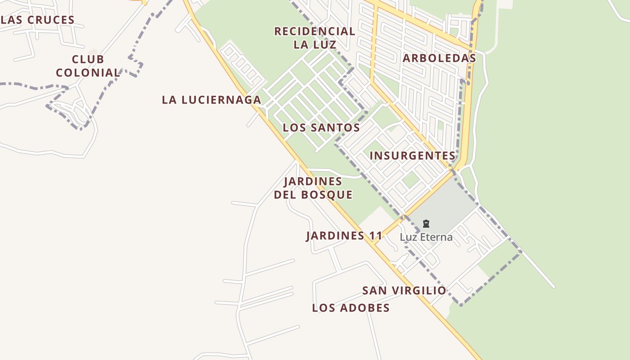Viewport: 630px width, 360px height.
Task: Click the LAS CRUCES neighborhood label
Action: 38,20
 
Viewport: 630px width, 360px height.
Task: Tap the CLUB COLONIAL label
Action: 88,66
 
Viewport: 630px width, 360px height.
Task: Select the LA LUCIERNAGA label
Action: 211,100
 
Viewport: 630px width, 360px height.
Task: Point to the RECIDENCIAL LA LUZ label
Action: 315,38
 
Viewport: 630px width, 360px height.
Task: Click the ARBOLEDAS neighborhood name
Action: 439,58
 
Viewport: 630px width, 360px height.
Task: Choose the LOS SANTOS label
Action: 321,128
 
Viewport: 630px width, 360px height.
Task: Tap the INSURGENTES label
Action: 413,156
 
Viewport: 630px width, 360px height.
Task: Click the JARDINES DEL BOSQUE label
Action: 313,188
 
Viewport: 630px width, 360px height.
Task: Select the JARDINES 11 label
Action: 344,236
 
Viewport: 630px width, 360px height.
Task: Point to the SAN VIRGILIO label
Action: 404,291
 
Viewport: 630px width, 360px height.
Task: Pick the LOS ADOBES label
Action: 351,308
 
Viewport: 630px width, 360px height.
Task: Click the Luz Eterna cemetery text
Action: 426,237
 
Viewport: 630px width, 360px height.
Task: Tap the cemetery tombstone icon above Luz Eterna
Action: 426,224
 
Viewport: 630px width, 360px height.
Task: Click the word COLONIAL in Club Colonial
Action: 88,72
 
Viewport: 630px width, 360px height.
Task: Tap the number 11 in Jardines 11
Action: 375,236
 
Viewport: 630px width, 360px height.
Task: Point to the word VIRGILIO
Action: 421,291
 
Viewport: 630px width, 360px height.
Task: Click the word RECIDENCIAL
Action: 315,31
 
